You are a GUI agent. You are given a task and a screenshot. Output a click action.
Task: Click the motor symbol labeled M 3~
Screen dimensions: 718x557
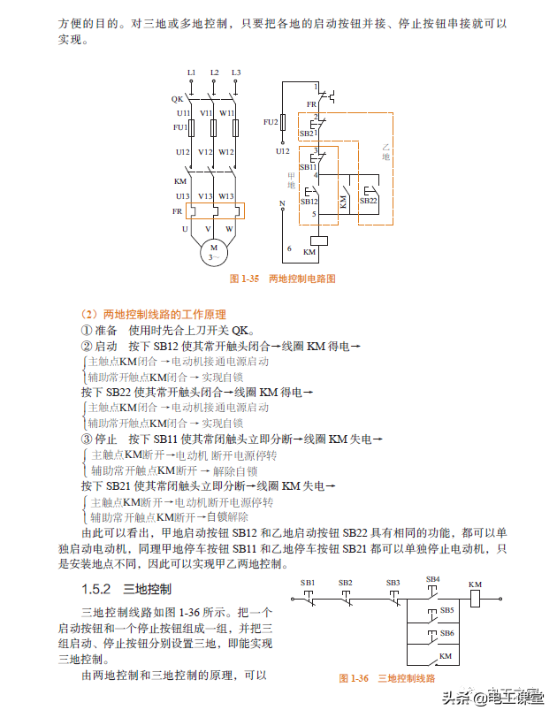pos(213,251)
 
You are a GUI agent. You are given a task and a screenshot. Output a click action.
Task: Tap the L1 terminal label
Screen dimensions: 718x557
pos(191,72)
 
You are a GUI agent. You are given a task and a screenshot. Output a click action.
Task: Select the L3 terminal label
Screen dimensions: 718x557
pos(236,72)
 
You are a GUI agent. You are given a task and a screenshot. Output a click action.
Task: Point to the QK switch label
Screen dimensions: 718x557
pos(177,99)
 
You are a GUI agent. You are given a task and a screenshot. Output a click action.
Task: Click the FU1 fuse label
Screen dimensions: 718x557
pos(181,127)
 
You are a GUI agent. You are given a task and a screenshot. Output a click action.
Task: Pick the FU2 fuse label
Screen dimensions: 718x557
pos(271,121)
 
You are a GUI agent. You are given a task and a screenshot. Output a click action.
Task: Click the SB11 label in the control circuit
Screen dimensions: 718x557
pos(308,166)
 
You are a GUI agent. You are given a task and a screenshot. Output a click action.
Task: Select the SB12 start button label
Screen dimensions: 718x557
pos(309,201)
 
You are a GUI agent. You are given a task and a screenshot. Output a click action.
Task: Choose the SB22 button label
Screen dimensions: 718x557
pos(368,201)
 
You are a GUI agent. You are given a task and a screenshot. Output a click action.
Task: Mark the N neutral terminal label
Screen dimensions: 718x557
pos(282,203)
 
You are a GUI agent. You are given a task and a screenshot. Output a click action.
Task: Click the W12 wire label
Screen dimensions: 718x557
pos(226,152)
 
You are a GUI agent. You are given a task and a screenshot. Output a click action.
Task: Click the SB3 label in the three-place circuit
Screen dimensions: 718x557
pos(393,583)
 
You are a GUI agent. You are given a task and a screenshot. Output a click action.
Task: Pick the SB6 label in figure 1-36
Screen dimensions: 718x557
pos(446,633)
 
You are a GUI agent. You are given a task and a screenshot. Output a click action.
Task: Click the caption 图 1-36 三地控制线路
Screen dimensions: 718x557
pos(387,678)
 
